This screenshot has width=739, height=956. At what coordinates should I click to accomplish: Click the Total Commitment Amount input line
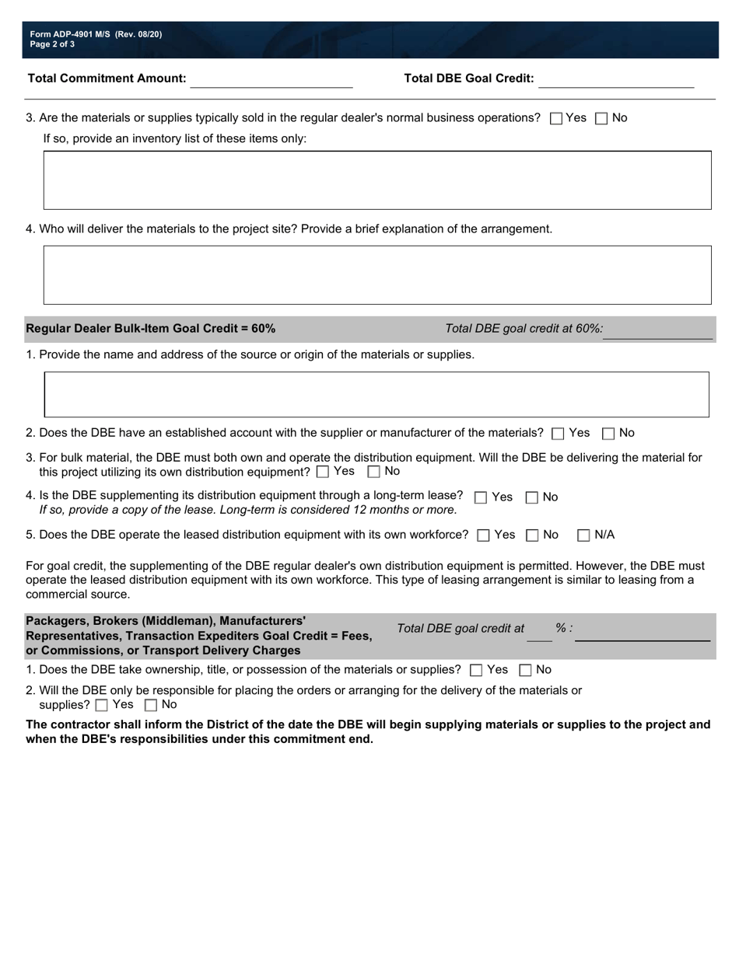pos(271,80)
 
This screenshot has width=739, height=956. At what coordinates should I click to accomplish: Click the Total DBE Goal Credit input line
pos(615,80)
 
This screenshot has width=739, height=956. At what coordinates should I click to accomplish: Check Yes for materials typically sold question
pos(555,119)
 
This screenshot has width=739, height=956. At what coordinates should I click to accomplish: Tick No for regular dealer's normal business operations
pos(601,119)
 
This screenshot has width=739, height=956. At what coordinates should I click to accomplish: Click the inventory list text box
pos(377,180)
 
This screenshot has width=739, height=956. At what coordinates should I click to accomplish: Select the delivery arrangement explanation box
pos(377,275)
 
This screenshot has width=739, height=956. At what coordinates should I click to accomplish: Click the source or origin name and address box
pos(377,395)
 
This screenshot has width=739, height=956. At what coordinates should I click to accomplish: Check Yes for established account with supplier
pos(557,434)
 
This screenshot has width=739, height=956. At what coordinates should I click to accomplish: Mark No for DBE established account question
pos(609,434)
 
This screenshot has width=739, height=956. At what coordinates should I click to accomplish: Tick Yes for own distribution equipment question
pos(323,472)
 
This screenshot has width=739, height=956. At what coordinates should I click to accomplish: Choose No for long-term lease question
pos(532,497)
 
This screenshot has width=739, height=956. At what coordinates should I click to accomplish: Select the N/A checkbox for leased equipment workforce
pos(583,536)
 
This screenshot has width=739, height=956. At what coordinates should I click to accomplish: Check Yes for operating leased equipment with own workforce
pos(483,536)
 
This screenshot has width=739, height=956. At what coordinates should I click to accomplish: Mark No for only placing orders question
pos(151,706)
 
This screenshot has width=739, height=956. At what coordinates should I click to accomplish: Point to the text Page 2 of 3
pos(53,45)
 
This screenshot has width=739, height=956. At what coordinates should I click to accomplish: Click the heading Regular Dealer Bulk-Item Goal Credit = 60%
pos(151,329)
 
